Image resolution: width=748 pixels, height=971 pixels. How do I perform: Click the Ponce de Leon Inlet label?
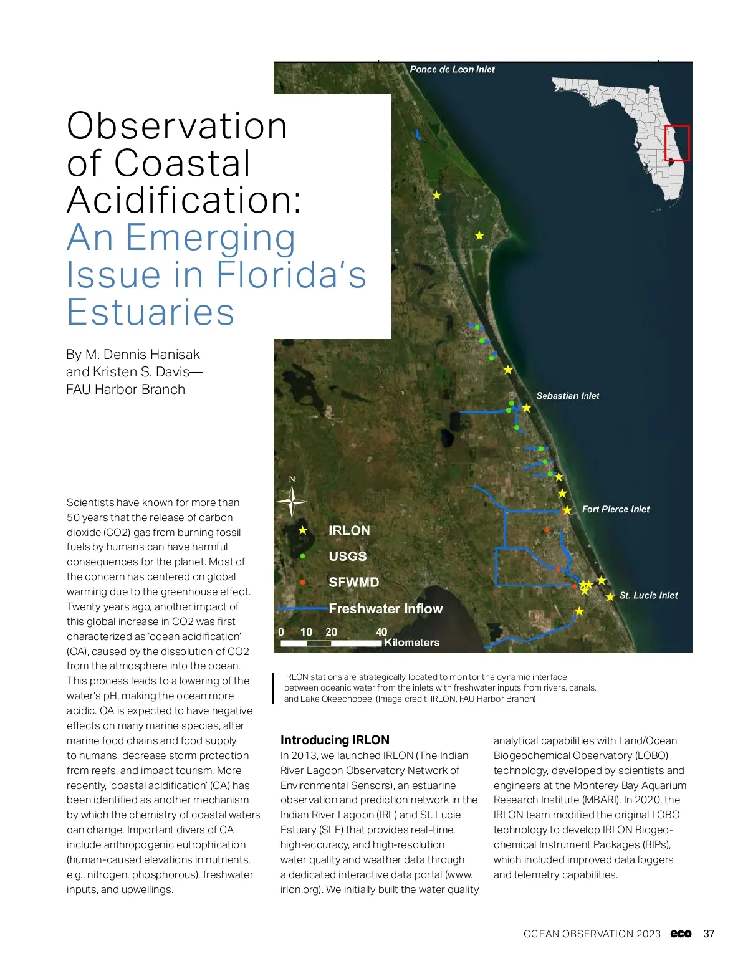coord(452,69)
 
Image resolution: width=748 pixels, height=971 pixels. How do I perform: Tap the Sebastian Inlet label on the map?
coord(567,396)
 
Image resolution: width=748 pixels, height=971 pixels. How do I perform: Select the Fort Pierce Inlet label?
coord(615,509)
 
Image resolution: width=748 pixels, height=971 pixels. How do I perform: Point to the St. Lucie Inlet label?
coord(648,595)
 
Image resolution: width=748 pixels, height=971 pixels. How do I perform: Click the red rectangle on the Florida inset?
coord(677,143)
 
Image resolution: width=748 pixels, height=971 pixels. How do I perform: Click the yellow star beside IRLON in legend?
coord(303,530)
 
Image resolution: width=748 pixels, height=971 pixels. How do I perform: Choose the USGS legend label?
coord(348,556)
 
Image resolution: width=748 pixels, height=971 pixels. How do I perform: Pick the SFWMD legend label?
coord(353,582)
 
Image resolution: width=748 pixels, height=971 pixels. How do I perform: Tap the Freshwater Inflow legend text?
coord(385,608)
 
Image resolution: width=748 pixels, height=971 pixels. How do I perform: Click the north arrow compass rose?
coord(292,500)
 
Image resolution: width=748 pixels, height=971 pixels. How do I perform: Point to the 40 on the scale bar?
coord(381,632)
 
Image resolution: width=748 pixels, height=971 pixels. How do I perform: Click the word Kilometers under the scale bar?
coord(411,643)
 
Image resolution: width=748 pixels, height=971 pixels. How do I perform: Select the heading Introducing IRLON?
coord(335,740)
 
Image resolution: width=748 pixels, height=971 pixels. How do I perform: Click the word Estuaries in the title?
coord(151,312)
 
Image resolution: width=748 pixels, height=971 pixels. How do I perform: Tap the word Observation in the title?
coord(177,126)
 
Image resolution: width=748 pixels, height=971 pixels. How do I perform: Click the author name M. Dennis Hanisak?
coord(142,355)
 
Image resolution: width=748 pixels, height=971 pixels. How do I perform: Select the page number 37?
coord(709,934)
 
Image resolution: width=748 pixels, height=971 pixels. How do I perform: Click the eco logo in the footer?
coord(681,934)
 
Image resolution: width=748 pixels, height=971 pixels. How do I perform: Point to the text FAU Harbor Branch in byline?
coord(126,390)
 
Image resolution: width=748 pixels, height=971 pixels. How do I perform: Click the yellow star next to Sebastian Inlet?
coord(526,408)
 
